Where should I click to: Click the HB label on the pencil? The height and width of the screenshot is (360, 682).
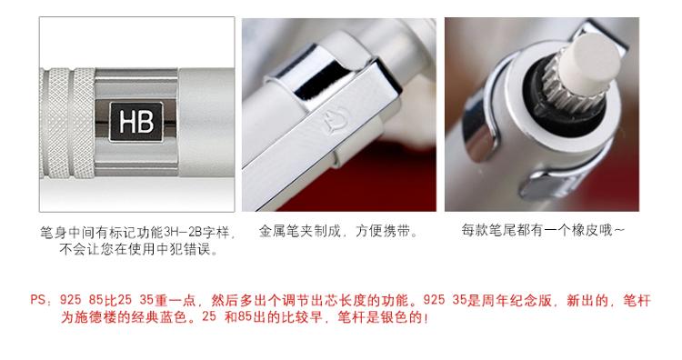click(135, 122)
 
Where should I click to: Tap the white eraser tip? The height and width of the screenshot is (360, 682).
click(590, 63)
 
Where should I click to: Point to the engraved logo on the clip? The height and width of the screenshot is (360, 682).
click(336, 122)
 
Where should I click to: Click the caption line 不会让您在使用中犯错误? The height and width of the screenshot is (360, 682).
click(138, 249)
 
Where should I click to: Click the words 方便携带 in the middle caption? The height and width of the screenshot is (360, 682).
click(383, 231)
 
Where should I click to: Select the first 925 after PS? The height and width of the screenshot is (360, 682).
click(70, 300)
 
